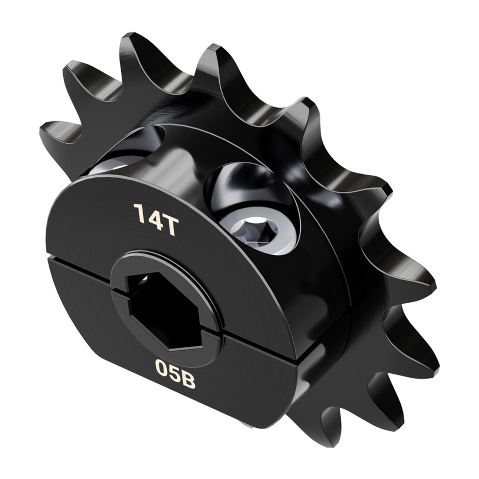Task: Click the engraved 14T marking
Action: [x=156, y=219]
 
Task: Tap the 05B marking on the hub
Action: [x=175, y=368]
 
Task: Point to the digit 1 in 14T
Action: [x=138, y=213]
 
